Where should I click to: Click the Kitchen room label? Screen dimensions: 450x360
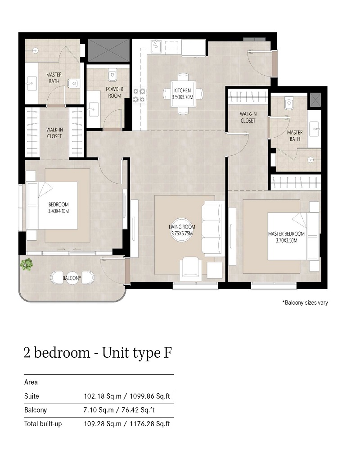183,91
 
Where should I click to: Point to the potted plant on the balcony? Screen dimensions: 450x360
27,264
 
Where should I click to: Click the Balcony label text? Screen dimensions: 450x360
72,279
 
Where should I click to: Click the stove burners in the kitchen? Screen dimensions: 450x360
139,93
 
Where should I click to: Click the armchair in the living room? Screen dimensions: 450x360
191,268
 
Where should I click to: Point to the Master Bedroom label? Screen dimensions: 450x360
286,234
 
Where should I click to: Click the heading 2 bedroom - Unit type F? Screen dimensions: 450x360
97,353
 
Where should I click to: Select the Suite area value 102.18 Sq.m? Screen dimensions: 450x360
103,396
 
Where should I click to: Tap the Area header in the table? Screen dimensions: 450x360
31,382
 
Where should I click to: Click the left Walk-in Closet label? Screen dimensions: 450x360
54,133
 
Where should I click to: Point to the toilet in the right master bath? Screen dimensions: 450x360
288,105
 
